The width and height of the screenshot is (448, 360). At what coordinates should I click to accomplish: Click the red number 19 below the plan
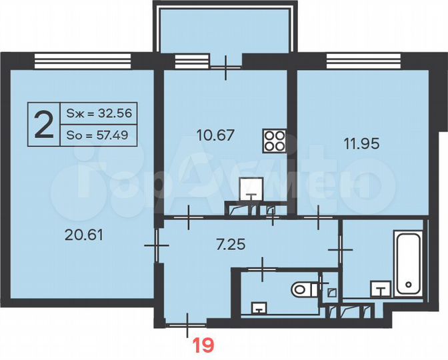[203, 345]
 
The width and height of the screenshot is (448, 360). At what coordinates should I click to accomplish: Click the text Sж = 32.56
[99, 113]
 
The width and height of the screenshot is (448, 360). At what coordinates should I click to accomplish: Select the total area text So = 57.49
[99, 137]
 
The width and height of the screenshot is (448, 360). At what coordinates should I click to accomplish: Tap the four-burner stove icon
[273, 140]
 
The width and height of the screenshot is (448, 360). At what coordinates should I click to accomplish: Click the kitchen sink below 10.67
[251, 189]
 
